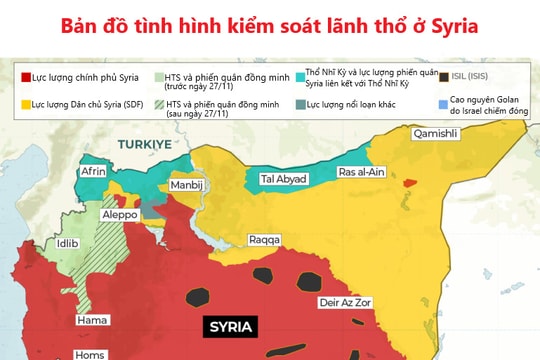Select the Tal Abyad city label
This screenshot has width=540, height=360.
[x=282, y=179]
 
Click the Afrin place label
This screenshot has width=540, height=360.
[x=94, y=172]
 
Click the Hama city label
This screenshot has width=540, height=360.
[x=92, y=321]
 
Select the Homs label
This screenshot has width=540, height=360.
[x=93, y=353]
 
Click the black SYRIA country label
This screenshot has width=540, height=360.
[x=231, y=327]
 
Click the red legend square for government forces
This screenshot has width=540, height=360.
[x=25, y=76]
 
